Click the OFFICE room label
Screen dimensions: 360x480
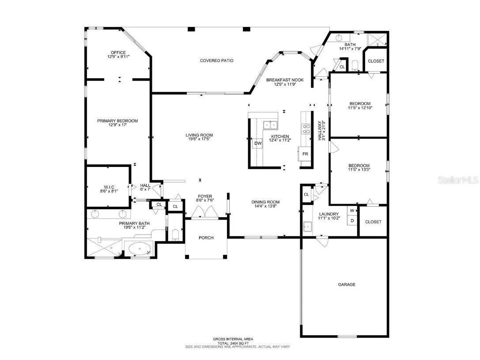(118, 53)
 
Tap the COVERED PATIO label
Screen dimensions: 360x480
(216, 61)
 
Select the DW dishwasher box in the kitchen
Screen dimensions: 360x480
(257, 143)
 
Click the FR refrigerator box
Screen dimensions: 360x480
(305, 154)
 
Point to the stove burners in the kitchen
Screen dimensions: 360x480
(305, 129)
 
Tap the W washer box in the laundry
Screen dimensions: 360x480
(352, 211)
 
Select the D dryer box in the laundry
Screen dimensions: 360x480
(352, 220)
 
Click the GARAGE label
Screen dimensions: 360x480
(347, 285)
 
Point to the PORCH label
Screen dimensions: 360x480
(206, 238)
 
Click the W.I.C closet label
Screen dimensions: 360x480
(109, 187)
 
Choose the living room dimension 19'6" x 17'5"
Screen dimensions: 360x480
(199, 139)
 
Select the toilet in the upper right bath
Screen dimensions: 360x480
(356, 66)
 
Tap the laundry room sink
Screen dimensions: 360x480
(307, 227)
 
